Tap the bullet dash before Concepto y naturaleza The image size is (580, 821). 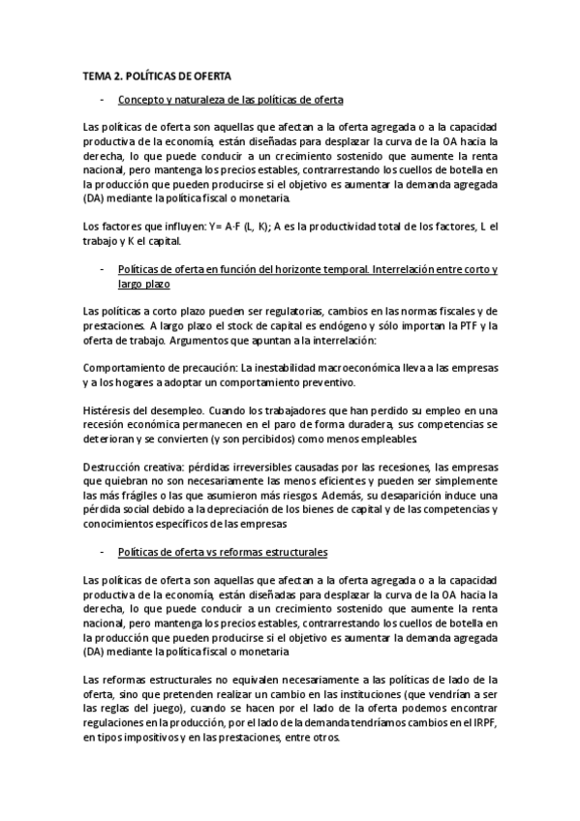coord(102,100)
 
